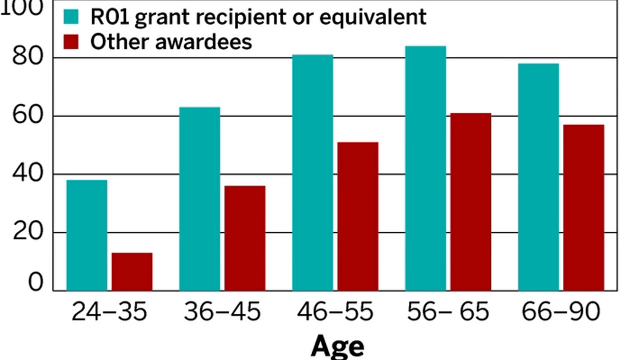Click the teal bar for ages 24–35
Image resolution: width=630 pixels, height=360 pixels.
pos(86,235)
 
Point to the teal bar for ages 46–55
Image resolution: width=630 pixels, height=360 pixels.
pos(312,172)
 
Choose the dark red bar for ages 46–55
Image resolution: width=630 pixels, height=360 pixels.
pos(357,216)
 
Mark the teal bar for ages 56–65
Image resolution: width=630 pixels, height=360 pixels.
pos(425,168)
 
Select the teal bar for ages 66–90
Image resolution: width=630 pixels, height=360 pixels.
pos(538,177)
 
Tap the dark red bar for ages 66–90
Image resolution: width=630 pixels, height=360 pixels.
pos(583,207)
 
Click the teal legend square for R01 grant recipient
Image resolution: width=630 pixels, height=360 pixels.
pos(72,17)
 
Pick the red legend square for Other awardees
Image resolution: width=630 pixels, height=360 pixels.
pos(72,41)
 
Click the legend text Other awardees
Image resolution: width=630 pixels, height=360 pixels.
pos(171,41)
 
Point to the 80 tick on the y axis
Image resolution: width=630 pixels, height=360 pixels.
pos(27,57)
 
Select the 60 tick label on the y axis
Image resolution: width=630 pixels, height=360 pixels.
pos(27,116)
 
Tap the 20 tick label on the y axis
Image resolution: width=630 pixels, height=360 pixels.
pos(27,232)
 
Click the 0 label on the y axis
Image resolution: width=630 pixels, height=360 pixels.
pos(35,283)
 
